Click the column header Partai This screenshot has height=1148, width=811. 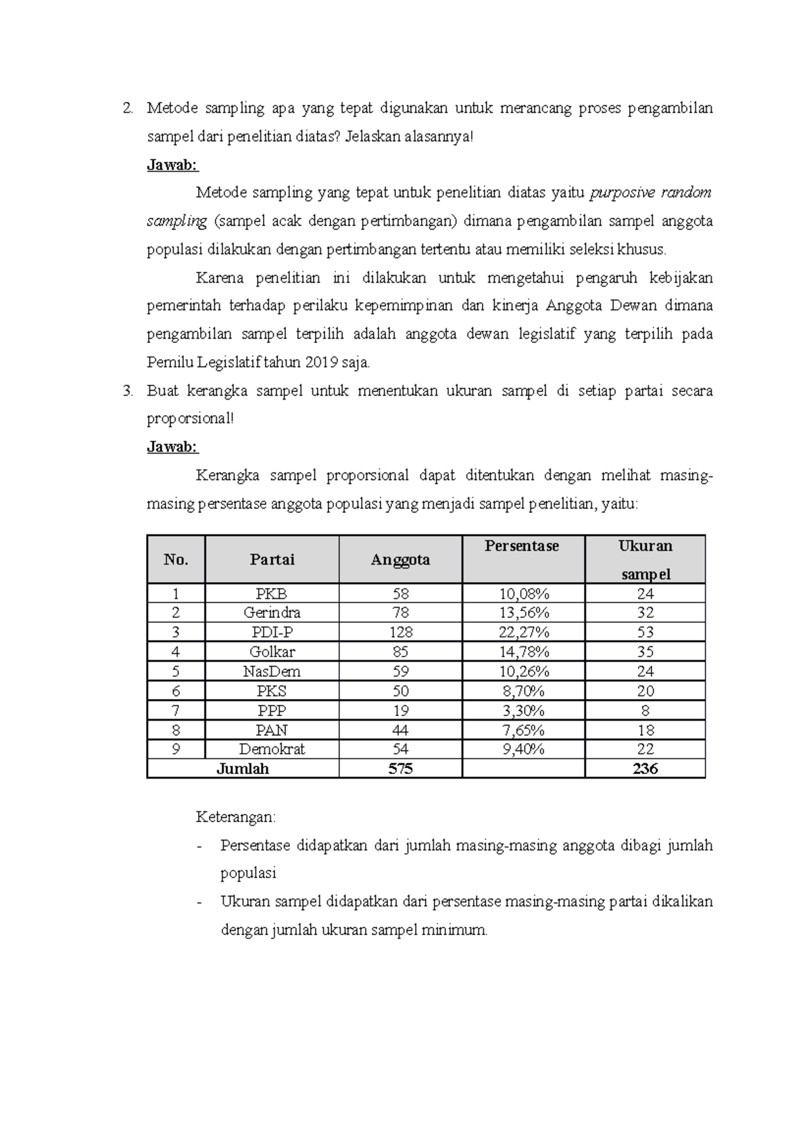point(272,560)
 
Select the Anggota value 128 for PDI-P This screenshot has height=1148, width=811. point(400,632)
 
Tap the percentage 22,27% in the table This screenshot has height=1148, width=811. point(523,632)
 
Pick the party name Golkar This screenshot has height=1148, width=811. point(272,652)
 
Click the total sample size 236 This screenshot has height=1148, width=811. point(645,769)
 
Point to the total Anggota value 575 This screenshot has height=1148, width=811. point(400,769)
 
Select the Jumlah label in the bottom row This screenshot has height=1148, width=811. point(242,769)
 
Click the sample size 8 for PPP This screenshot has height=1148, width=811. point(645,711)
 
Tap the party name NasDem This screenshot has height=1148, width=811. point(272,671)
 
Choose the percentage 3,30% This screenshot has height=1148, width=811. point(523,711)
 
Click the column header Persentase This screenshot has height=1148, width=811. point(522,546)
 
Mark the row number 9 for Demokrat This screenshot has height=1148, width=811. point(176,749)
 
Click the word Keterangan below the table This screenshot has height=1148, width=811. point(236,817)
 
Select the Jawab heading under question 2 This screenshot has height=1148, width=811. point(172,165)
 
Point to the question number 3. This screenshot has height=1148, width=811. point(128,391)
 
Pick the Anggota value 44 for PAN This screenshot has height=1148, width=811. point(400,730)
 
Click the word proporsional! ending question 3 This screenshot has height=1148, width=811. point(191,418)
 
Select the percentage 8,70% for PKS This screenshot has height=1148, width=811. point(523,691)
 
